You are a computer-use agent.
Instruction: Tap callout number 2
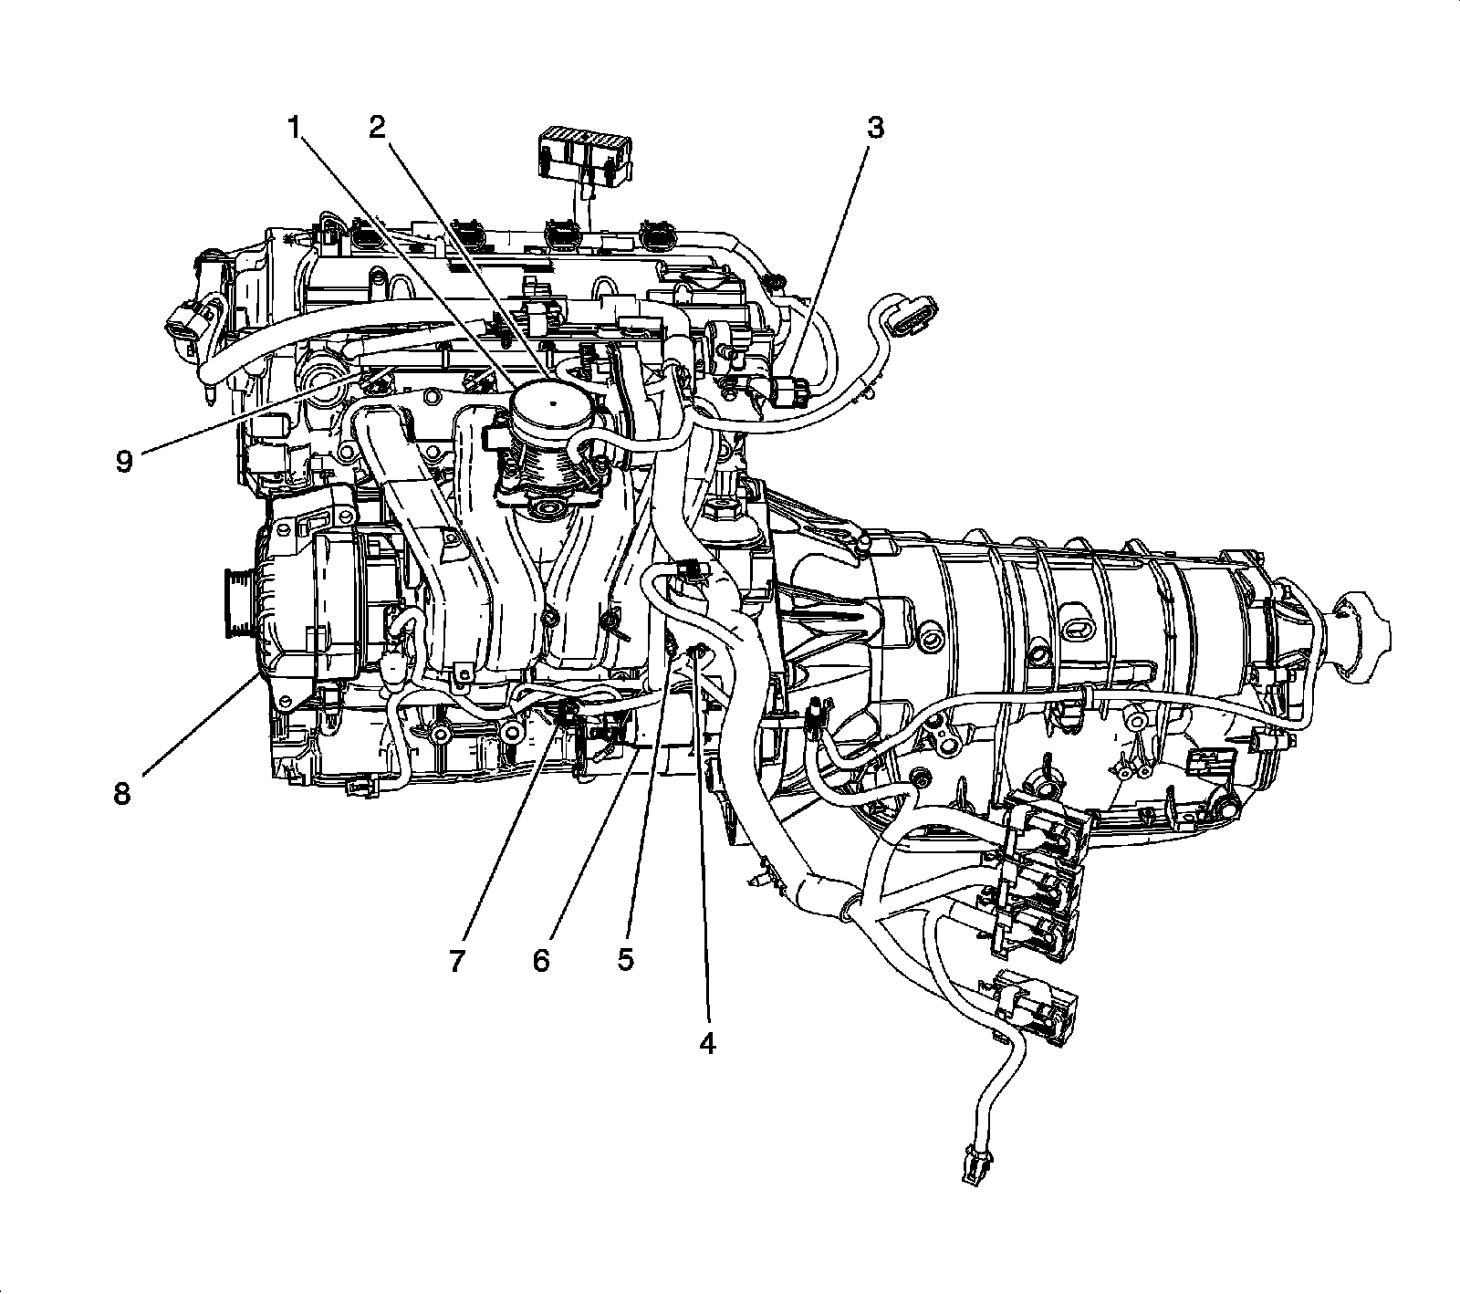378,127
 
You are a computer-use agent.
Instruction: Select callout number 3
875,127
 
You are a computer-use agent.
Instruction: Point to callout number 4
707,1043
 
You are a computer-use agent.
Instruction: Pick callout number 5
625,960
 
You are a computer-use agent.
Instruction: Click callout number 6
541,960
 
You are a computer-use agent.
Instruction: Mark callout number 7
457,960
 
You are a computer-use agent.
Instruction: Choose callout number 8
122,793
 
